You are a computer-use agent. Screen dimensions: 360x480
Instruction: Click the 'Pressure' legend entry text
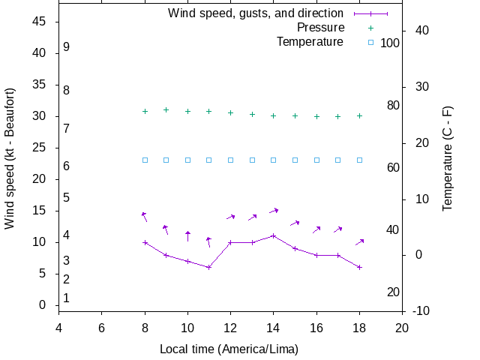point(320,27)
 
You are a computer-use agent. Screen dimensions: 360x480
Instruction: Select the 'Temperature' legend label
point(310,41)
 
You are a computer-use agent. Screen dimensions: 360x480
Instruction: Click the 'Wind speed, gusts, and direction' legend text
point(256,13)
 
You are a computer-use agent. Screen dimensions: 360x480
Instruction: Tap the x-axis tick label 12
point(230,327)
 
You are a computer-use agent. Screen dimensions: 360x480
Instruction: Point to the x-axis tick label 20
point(402,327)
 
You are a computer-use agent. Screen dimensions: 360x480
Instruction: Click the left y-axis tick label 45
point(40,22)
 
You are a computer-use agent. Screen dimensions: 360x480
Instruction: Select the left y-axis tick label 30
point(40,116)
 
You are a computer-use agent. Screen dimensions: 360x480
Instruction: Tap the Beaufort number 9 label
point(67,46)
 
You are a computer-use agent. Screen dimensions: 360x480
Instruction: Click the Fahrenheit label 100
point(390,43)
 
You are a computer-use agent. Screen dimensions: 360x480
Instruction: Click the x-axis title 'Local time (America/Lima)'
point(229,349)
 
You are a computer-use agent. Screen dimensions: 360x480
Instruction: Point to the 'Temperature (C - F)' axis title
point(448,158)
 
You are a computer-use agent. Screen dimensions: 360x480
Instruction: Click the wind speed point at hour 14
point(274,235)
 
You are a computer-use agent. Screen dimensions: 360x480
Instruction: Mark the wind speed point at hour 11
point(209,267)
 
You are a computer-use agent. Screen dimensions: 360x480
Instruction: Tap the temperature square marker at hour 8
point(145,160)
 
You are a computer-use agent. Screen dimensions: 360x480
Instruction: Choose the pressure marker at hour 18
point(360,115)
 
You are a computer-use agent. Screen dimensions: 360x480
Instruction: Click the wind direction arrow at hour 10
point(188,236)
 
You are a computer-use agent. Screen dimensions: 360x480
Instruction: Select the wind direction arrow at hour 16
point(316,229)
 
